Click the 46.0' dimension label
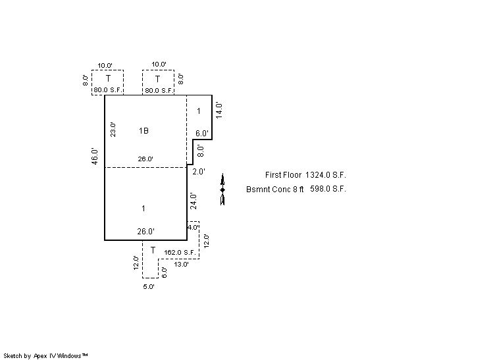click(95, 156)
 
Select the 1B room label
click(143, 130)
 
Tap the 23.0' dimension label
click(113, 130)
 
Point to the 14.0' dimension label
click(219, 110)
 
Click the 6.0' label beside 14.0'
click(201, 134)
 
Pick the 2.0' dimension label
click(199, 172)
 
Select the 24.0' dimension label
click(194, 201)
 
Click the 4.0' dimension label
click(193, 227)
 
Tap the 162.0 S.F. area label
click(180, 252)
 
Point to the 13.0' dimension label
click(181, 264)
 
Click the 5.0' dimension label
click(149, 286)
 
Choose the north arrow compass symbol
click(222, 190)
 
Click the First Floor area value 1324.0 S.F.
click(326, 175)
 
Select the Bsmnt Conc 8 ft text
click(275, 190)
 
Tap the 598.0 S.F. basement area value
click(328, 189)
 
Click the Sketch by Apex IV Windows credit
click(45, 356)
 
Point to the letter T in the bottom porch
click(153, 250)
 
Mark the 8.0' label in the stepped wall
click(201, 151)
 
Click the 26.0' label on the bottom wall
click(145, 232)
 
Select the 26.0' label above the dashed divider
click(145, 159)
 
